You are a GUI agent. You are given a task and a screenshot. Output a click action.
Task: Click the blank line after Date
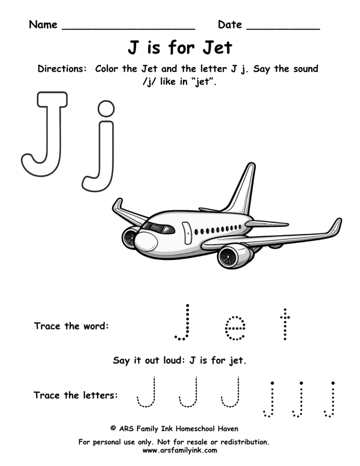click(x=283, y=28)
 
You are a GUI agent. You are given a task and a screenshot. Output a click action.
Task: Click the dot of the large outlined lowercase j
click(x=106, y=109)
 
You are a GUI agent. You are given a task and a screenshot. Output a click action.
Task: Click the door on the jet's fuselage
click(x=187, y=233)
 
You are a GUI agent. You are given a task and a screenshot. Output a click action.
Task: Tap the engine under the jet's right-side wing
click(x=232, y=256)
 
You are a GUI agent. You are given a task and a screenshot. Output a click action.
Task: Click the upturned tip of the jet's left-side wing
click(x=117, y=205)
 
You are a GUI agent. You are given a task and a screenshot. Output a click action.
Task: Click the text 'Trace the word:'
click(x=71, y=326)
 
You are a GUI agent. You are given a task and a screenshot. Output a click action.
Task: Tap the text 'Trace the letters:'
click(x=75, y=395)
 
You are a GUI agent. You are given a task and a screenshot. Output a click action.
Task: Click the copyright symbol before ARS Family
click(x=113, y=428)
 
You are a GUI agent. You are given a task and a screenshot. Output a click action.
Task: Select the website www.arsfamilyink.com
click(x=180, y=451)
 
